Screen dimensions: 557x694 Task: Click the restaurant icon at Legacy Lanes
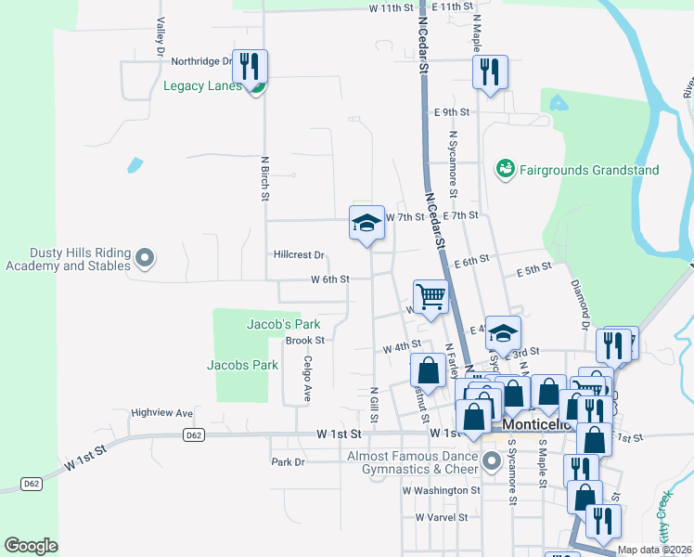click(250, 67)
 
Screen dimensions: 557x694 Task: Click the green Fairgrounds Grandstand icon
click(506, 169)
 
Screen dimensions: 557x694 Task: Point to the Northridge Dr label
click(200, 61)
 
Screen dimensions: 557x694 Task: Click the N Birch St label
click(265, 178)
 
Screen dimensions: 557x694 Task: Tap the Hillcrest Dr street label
click(299, 254)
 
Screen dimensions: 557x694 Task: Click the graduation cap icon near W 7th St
click(366, 223)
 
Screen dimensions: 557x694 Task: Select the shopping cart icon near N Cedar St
click(431, 297)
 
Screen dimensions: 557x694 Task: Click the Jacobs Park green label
click(242, 365)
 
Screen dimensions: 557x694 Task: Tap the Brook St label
click(303, 341)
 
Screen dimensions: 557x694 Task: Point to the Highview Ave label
click(161, 412)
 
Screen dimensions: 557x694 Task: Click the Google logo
click(32, 545)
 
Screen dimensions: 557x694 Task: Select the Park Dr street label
click(288, 461)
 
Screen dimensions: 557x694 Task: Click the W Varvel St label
click(446, 517)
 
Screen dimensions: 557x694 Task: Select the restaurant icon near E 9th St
click(489, 72)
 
